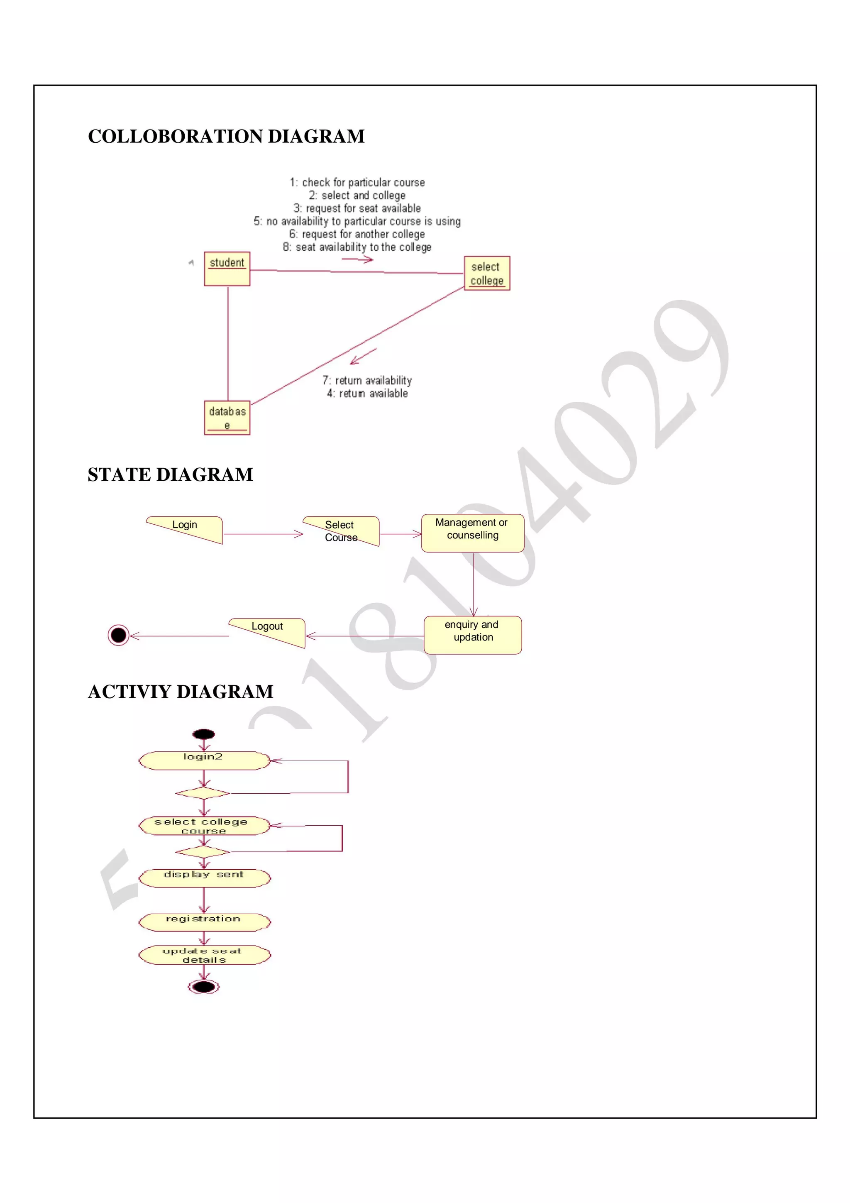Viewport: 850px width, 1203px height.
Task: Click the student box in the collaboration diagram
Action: pyautogui.click(x=227, y=269)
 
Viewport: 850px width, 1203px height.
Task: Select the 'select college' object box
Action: pyautogui.click(x=486, y=273)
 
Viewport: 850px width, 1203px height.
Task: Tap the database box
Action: pyautogui.click(x=227, y=418)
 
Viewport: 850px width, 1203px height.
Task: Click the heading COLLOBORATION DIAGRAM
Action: pyautogui.click(x=226, y=136)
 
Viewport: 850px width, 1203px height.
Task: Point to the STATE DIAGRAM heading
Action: pyautogui.click(x=170, y=475)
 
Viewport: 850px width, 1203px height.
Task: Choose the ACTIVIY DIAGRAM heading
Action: pyautogui.click(x=181, y=692)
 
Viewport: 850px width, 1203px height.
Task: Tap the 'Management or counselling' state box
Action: pyautogui.click(x=472, y=533)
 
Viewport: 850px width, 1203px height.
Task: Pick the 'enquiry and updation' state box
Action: pyautogui.click(x=472, y=635)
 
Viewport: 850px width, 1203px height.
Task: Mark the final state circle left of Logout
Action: pyautogui.click(x=118, y=635)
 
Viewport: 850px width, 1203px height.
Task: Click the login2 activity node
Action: pyautogui.click(x=204, y=760)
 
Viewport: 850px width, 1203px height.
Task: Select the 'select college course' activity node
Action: pyautogui.click(x=204, y=826)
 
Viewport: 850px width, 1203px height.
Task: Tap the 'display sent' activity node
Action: pyautogui.click(x=204, y=878)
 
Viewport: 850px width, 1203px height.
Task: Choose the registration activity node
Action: pyautogui.click(x=204, y=922)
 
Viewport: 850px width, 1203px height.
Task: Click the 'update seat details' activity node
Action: pyautogui.click(x=204, y=955)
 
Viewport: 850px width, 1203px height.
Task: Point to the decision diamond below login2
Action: pyautogui.click(x=203, y=793)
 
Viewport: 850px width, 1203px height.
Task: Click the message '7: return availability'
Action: pyautogui.click(x=367, y=380)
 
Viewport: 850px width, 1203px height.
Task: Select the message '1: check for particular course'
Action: pyautogui.click(x=357, y=182)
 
